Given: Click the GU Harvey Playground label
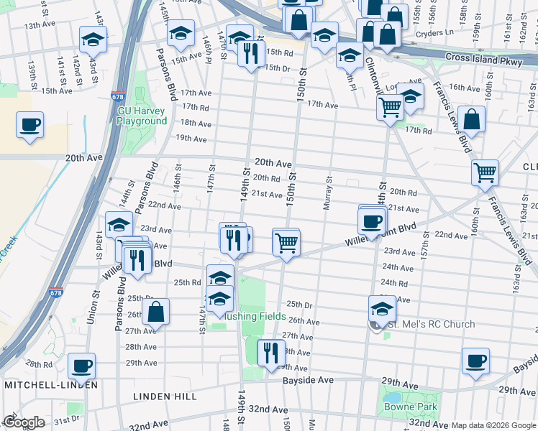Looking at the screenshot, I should tap(142, 116).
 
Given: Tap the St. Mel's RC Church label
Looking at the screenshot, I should tap(431, 325).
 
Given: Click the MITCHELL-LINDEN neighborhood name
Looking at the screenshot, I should tap(50, 385).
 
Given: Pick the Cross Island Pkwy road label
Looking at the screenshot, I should tap(484, 62).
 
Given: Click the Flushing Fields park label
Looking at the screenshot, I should tap(256, 317).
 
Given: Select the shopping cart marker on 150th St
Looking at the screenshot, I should tap(286, 241).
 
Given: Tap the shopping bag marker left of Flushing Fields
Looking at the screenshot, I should tap(155, 312).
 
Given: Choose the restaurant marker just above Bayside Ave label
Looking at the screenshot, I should tap(270, 353).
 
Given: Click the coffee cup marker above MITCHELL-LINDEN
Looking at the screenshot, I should tap(81, 366).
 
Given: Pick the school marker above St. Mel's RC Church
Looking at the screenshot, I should tap(382, 309).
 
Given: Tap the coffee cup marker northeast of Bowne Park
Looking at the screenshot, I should tap(475, 361).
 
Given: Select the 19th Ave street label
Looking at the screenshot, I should tap(192, 138).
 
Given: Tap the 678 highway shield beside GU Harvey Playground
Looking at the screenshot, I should tap(117, 96).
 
